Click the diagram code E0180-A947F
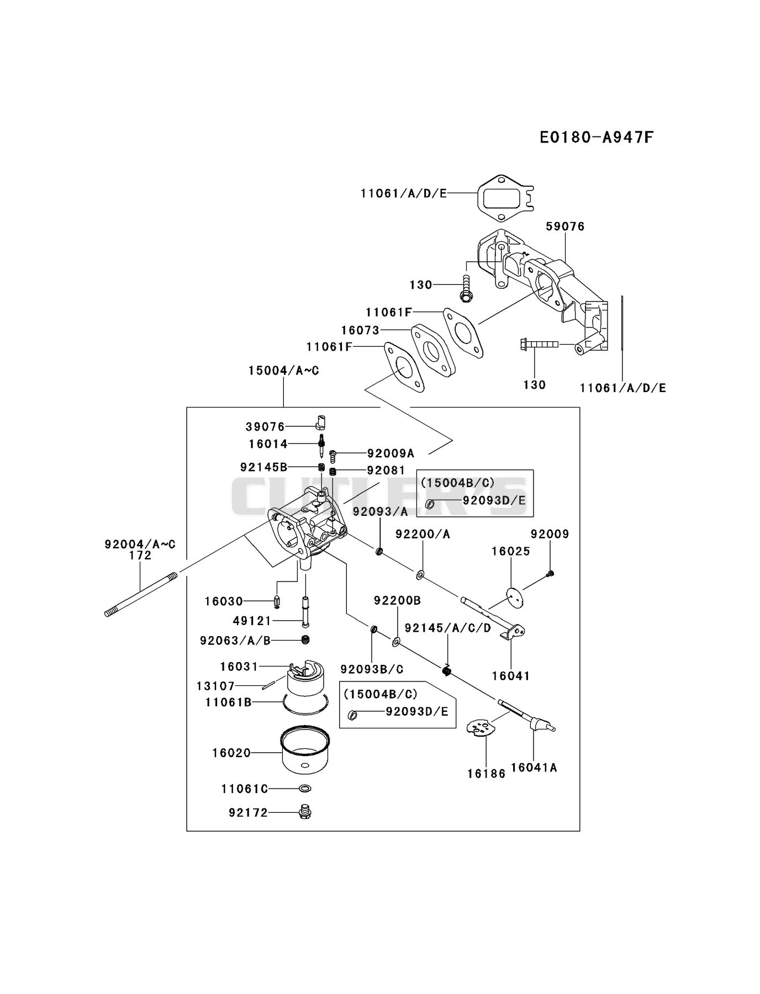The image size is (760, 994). (597, 137)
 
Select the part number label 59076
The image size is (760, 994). (565, 226)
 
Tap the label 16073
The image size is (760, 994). (360, 330)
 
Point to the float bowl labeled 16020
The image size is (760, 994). (305, 749)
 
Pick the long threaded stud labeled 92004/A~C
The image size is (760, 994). (141, 594)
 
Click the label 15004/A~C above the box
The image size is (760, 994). (283, 371)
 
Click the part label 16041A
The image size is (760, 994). (534, 767)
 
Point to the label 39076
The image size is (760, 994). (265, 426)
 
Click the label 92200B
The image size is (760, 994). (397, 600)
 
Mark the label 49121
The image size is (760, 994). (252, 621)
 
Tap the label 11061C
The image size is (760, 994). (245, 789)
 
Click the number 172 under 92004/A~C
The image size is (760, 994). (140, 555)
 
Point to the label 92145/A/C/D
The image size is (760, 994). (447, 628)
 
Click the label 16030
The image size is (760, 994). (224, 601)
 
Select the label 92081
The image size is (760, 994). (386, 470)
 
